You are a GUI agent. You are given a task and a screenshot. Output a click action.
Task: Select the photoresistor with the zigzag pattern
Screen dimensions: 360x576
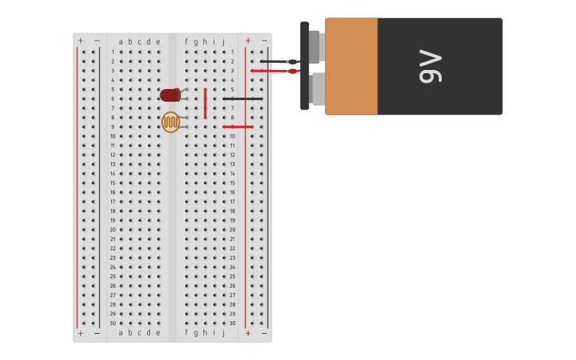[x=170, y=122]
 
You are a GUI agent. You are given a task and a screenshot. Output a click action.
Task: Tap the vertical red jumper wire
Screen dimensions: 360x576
[x=205, y=103]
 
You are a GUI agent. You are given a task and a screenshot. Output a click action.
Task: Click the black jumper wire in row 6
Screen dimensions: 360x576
[x=242, y=99]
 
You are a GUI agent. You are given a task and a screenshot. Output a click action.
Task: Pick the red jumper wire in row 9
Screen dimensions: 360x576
[x=238, y=126]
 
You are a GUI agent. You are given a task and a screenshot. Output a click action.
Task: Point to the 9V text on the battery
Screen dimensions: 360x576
[x=430, y=67]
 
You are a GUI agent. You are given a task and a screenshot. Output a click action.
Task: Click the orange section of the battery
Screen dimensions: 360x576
[x=351, y=67]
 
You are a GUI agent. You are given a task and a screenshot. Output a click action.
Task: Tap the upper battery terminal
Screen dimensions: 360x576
[x=315, y=46]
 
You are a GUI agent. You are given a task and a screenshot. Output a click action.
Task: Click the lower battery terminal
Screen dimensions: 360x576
[x=317, y=89]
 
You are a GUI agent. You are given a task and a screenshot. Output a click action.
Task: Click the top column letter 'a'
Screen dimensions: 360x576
[x=121, y=42]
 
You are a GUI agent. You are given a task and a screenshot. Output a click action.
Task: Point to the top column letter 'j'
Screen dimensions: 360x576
[x=223, y=42]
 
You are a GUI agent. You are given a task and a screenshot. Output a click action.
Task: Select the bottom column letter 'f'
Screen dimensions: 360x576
[x=187, y=333]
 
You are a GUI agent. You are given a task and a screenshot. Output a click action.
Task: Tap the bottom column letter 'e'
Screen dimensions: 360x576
[x=157, y=333]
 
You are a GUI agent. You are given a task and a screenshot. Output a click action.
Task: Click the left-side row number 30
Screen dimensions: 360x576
[x=113, y=323]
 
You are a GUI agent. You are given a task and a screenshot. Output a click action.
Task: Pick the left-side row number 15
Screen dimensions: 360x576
[x=113, y=183]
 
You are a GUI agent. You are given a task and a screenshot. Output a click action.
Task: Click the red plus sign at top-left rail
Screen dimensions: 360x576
[x=80, y=41]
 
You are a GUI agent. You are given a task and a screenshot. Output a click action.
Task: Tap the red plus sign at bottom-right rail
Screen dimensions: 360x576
[x=248, y=334]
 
